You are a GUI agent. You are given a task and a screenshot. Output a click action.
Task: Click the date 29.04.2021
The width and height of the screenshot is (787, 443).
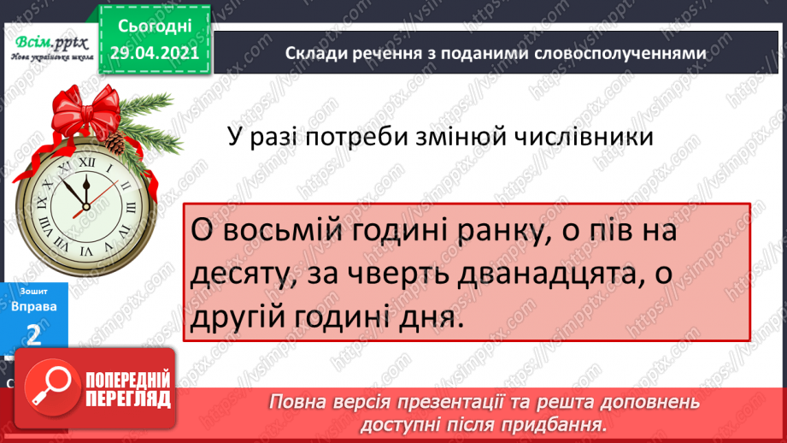[x=154, y=53]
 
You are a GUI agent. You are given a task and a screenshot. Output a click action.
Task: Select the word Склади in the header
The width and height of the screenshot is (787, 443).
[x=315, y=53]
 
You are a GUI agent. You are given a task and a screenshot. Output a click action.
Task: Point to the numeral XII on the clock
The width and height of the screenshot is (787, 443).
[x=85, y=160]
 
